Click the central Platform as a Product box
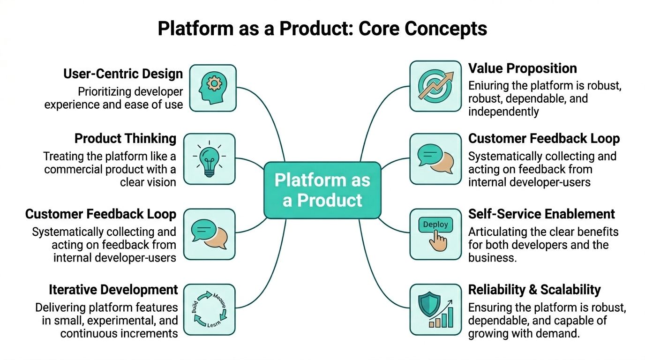pyautogui.click(x=322, y=190)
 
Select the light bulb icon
pyautogui.click(x=209, y=158)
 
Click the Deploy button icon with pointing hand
pyautogui.click(x=435, y=234)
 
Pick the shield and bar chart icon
pyautogui.click(x=435, y=309)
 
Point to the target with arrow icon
pyautogui.click(x=435, y=86)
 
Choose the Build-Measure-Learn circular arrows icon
pyautogui.click(x=209, y=309)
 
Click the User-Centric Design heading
pyautogui.click(x=123, y=74)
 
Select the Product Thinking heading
pyautogui.click(x=125, y=139)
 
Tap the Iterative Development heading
pyautogui.click(x=113, y=290)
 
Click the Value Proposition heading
pyautogui.click(x=522, y=68)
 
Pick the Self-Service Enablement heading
pyautogui.click(x=541, y=214)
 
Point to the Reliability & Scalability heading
pyautogui.click(x=534, y=290)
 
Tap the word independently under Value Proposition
pyautogui.click(x=503, y=112)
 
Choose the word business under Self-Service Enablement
pyautogui.click(x=492, y=258)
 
